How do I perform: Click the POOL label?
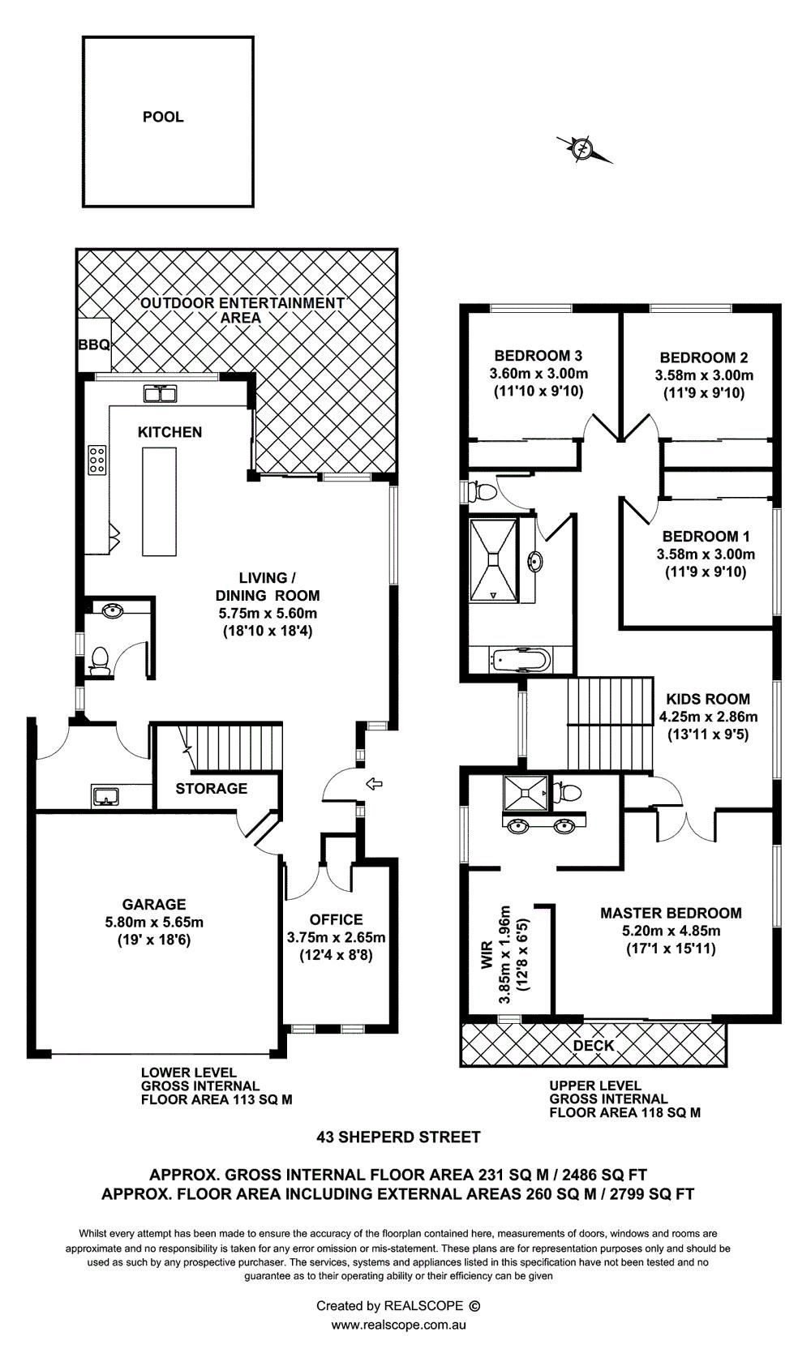(x=163, y=117)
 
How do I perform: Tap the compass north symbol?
(x=582, y=148)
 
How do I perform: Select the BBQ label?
(x=94, y=345)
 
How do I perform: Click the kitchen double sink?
(x=160, y=394)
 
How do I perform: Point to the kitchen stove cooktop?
(x=97, y=460)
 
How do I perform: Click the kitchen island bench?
(x=160, y=501)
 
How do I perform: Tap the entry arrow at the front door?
(x=374, y=783)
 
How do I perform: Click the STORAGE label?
(x=212, y=788)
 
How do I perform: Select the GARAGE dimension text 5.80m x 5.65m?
(x=154, y=922)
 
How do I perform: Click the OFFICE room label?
(x=337, y=919)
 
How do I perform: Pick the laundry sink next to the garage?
(x=107, y=795)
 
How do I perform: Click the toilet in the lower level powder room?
(x=99, y=660)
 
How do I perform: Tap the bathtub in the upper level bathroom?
(x=519, y=660)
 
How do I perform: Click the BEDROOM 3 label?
(x=539, y=355)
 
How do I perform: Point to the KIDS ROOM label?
(x=708, y=699)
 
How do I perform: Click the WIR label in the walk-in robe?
(x=487, y=954)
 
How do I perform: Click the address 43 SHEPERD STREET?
(x=399, y=1137)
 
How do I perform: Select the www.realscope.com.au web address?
(x=399, y=1325)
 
